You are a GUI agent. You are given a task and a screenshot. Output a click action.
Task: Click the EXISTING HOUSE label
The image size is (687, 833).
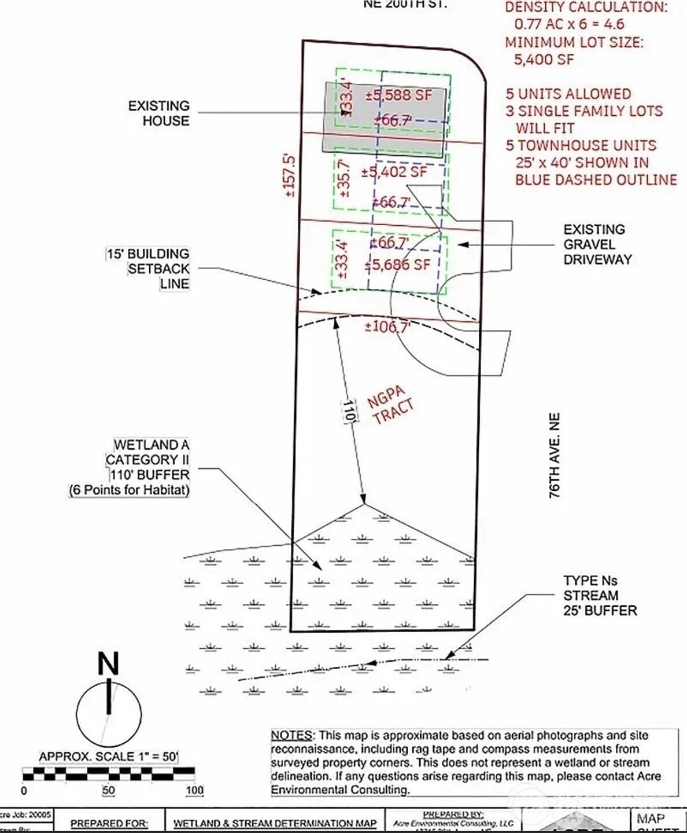(158, 113)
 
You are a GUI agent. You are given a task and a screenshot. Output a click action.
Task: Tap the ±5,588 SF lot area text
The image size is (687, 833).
(399, 95)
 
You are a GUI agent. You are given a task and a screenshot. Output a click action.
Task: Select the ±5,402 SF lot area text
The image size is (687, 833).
(394, 172)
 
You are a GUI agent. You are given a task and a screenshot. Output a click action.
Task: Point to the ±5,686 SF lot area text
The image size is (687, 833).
(398, 265)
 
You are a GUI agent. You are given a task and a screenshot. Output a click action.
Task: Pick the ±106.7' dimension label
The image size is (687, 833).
(387, 327)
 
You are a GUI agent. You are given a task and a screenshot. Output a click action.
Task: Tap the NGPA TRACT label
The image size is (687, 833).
(391, 405)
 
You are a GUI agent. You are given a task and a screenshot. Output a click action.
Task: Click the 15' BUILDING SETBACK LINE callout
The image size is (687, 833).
(148, 269)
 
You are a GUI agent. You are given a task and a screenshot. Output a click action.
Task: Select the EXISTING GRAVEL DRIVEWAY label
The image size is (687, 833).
(597, 244)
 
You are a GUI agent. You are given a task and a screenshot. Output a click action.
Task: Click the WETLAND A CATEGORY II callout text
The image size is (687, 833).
(147, 460)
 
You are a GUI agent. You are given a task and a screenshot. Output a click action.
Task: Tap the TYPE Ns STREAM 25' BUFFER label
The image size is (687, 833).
(600, 595)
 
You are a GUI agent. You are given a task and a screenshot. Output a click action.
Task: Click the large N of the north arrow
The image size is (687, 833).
(108, 665)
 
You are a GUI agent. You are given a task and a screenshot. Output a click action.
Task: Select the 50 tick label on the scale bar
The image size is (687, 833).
(108, 791)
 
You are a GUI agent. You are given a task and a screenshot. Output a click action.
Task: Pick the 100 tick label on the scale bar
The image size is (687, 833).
(195, 791)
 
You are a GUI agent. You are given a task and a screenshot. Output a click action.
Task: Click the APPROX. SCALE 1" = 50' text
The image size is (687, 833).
(108, 757)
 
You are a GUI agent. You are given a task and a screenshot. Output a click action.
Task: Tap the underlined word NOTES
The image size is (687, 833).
(292, 736)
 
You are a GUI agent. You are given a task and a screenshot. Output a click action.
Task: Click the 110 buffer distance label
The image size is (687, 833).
(349, 411)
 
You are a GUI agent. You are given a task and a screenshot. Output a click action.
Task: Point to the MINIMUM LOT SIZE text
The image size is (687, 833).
(574, 42)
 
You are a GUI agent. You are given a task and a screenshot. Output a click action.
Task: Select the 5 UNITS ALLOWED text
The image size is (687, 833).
(568, 94)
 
